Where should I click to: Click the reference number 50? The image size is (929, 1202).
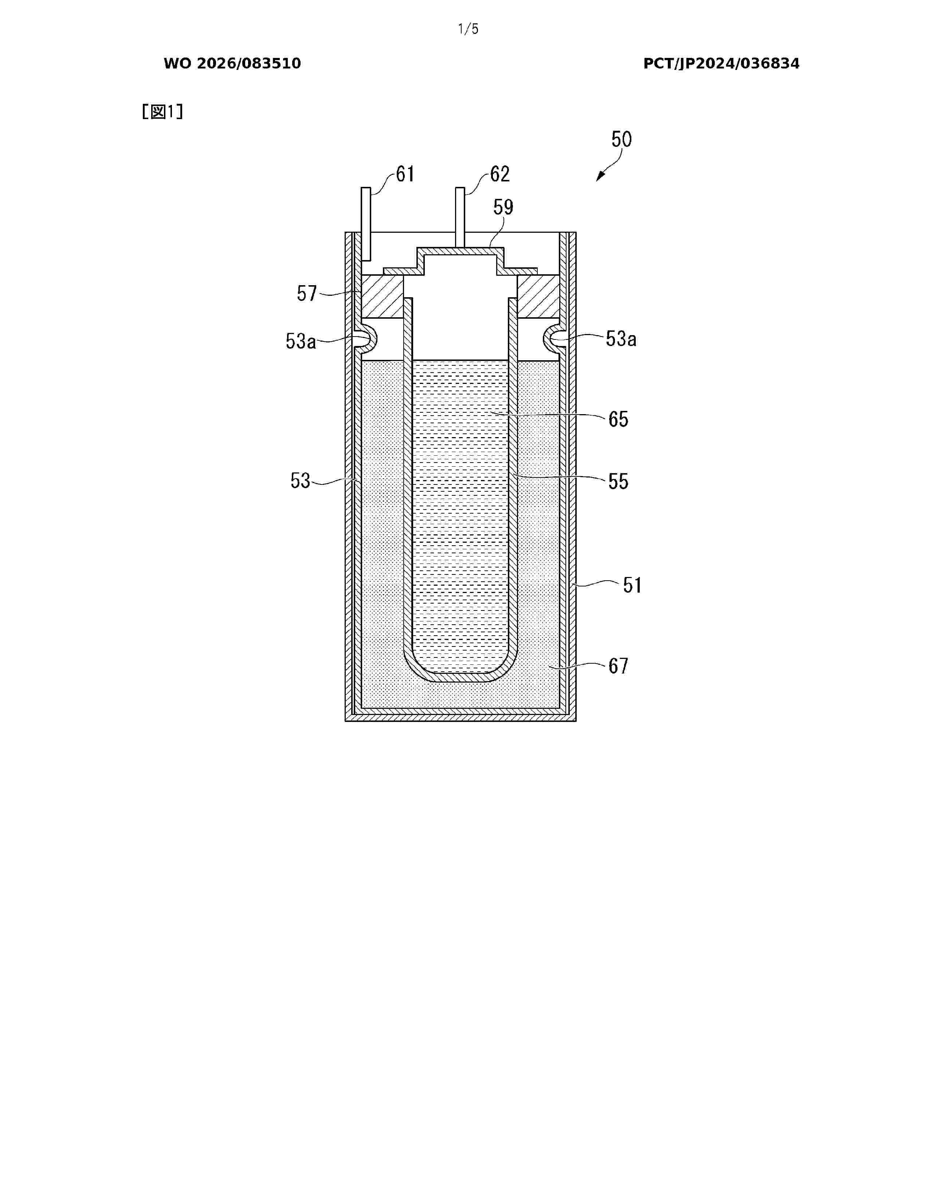622,139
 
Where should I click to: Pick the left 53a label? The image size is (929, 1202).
301,341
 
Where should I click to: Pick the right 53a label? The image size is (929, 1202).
621,339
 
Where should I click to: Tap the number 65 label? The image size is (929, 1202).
618,419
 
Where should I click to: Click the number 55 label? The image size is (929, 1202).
618,482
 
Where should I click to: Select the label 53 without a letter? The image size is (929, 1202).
301,481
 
